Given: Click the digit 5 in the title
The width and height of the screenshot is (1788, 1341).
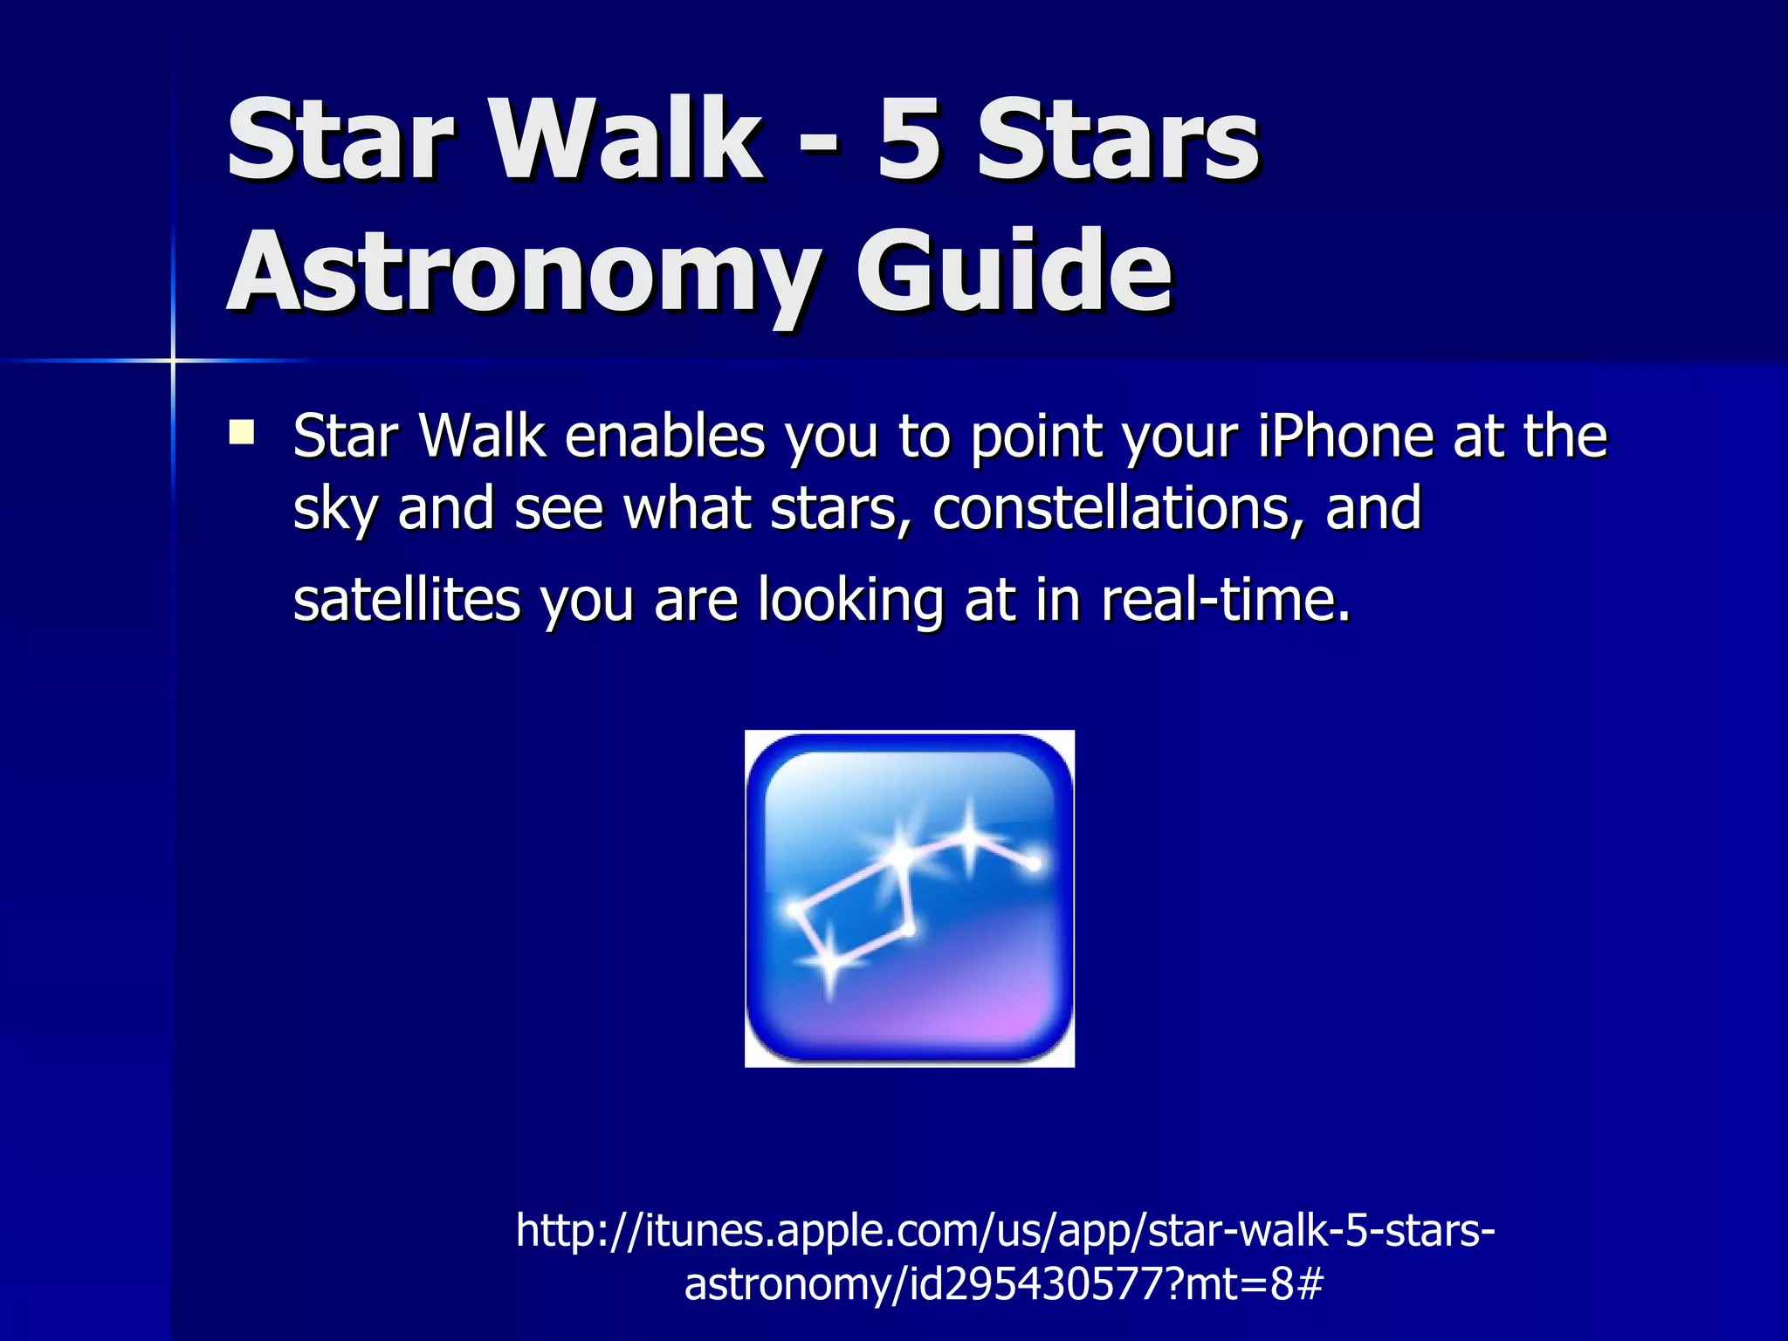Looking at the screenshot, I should tap(909, 140).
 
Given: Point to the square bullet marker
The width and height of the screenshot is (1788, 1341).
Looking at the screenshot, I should tap(242, 433).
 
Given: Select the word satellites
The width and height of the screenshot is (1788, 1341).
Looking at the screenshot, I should tap(407, 600).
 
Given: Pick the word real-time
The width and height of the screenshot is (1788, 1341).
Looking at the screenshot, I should tap(1226, 600).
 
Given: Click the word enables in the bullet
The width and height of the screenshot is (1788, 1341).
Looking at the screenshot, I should tap(664, 436).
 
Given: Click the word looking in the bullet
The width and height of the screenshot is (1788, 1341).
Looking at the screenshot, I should tap(850, 600).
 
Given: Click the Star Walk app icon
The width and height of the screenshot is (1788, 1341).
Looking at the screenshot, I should tap(909, 898).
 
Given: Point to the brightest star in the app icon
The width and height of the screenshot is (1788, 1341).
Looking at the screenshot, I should tap(899, 853).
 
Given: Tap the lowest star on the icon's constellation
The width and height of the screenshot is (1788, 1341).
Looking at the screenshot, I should tap(829, 964).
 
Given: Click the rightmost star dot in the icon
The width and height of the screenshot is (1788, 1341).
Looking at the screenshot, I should tap(1034, 864).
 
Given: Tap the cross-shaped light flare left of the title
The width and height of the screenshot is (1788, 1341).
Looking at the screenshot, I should tap(173, 360).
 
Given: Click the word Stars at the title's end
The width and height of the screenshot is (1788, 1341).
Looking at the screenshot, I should tap(1118, 140).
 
